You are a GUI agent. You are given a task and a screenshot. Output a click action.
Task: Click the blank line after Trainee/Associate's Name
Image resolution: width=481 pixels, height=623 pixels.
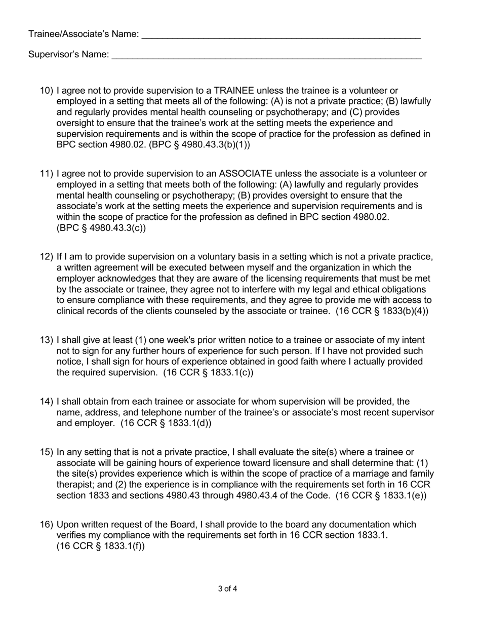click(281, 35)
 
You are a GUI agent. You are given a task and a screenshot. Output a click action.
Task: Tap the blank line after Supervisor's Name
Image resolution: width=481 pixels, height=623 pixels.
click(266, 56)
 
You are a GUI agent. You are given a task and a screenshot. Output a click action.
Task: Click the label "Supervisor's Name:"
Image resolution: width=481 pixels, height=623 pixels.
click(69, 54)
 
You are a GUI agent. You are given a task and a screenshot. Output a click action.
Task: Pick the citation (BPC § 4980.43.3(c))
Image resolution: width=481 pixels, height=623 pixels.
click(101, 228)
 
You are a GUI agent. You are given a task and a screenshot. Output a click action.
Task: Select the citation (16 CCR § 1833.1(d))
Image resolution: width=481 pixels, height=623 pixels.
click(166, 423)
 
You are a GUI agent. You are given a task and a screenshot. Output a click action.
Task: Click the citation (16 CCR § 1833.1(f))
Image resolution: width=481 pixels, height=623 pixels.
click(101, 546)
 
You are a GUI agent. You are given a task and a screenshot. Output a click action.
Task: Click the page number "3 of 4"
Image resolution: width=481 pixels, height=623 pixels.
click(228, 589)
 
